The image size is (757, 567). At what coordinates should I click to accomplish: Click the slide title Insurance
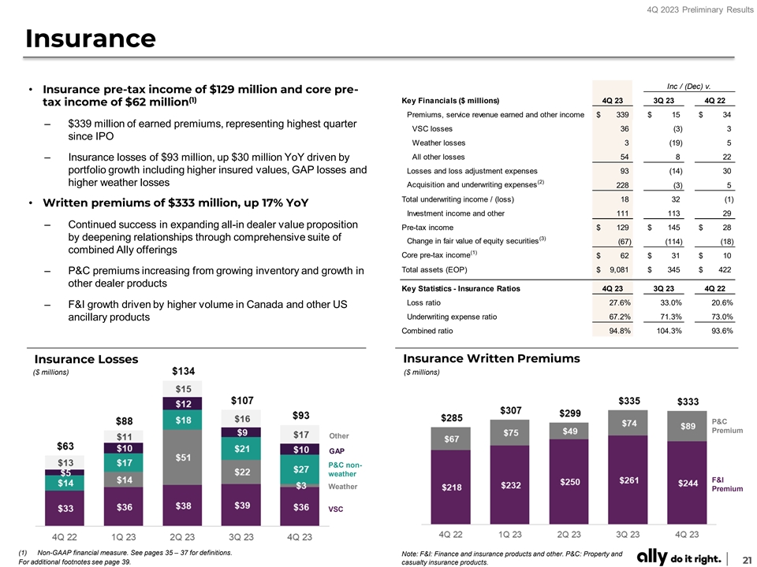pyautogui.click(x=90, y=38)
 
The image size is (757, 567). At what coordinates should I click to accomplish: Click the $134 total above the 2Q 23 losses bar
pyautogui.click(x=183, y=372)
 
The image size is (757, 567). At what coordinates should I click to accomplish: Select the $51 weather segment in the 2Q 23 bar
pyautogui.click(x=183, y=456)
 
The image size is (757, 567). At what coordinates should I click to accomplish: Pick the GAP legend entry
pyautogui.click(x=337, y=451)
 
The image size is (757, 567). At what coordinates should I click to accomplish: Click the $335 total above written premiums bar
pyautogui.click(x=628, y=400)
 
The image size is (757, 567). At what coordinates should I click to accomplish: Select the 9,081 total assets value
pyautogui.click(x=617, y=271)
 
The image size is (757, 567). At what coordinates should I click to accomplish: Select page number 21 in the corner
pyautogui.click(x=745, y=558)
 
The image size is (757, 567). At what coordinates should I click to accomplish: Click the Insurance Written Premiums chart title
pyautogui.click(x=491, y=358)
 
